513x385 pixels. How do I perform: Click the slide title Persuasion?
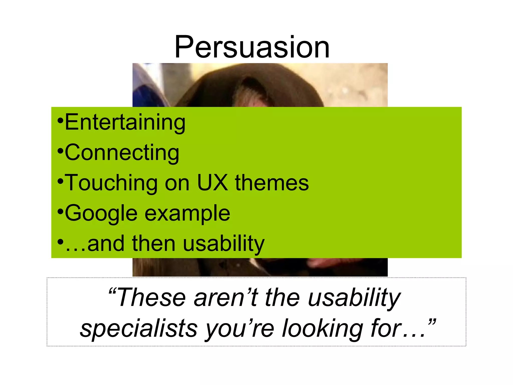pyautogui.click(x=252, y=47)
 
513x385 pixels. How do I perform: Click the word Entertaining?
pyautogui.click(x=125, y=122)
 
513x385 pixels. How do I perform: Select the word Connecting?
pyautogui.click(x=122, y=153)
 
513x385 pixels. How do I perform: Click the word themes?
pyautogui.click(x=272, y=183)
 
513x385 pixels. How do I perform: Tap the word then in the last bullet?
pyautogui.click(x=153, y=244)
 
